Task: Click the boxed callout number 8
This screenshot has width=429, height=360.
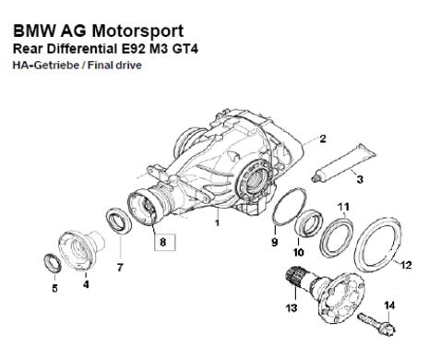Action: tap(163, 242)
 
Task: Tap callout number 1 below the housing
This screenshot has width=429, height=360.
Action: tap(218, 222)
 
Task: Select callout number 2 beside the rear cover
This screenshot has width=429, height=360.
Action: tap(323, 138)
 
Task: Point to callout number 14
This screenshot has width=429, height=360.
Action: tap(389, 306)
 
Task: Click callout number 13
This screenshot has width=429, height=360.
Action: tap(292, 307)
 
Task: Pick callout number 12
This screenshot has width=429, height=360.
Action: tap(406, 265)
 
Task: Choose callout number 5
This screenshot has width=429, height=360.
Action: tap(54, 288)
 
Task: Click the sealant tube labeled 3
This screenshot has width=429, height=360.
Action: tap(343, 162)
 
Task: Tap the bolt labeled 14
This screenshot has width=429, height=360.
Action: tap(377, 324)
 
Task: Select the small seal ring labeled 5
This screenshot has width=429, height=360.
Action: tap(53, 263)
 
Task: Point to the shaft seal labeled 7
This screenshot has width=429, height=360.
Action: tap(119, 221)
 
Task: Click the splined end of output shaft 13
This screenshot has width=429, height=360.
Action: tap(294, 276)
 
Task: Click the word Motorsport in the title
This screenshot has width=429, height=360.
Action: tap(137, 30)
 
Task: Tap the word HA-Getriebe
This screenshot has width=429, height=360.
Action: tap(45, 66)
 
